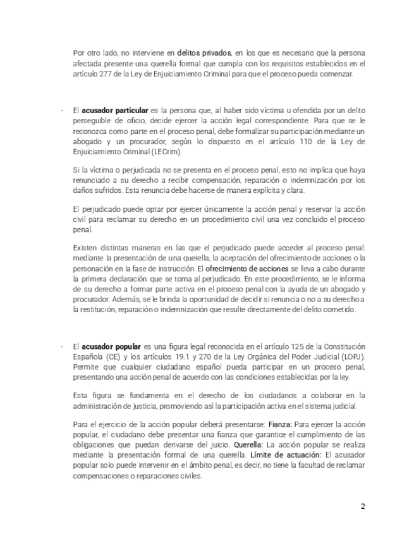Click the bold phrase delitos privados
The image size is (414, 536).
tap(204, 53)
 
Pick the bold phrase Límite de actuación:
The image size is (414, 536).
tap(286, 456)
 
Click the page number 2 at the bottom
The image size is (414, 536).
tap(363, 506)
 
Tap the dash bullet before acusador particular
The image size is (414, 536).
tap(61, 110)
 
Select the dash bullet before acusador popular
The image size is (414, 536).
tap(61, 347)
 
